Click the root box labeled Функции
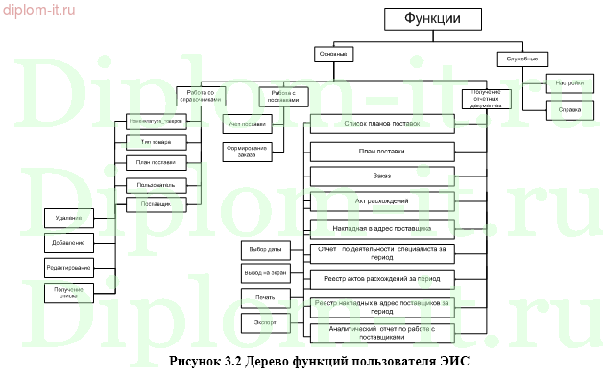tap(431, 18)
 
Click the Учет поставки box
tap(247, 124)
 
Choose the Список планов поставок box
tap(381, 125)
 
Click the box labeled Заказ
tap(381, 177)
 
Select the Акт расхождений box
tap(381, 201)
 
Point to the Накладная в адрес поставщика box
tap(381, 228)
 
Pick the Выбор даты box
tap(265, 250)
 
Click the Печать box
tap(265, 299)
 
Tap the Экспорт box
tap(265, 323)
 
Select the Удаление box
tap(69, 218)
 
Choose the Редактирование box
tap(69, 266)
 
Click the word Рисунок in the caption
tap(195, 363)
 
